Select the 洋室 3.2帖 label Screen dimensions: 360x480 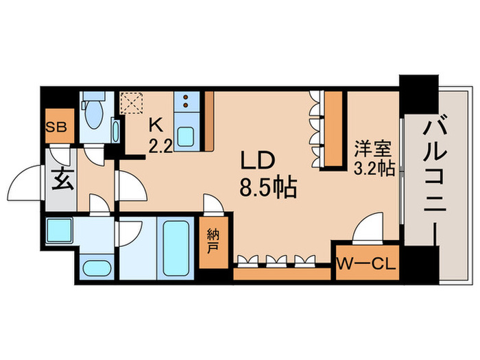pos(374,158)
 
